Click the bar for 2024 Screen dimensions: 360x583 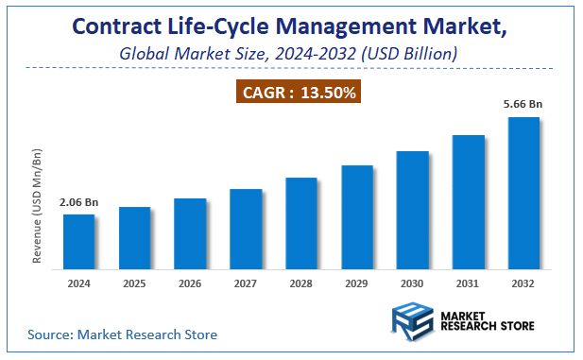[x=78, y=243]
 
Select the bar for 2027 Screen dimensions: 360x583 [x=246, y=230]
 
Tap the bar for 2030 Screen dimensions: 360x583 [x=412, y=211]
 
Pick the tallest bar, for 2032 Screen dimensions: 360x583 [x=523, y=194]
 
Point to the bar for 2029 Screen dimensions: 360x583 [x=356, y=218]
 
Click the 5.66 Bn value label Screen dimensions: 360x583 [x=523, y=105]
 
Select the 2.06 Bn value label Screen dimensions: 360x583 [x=78, y=202]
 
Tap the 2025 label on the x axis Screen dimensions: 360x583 [x=134, y=283]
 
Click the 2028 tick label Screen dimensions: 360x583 [x=301, y=283]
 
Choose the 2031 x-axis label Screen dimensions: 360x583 [x=468, y=283]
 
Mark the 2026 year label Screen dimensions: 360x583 [x=190, y=283]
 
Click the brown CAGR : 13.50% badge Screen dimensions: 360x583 [x=299, y=92]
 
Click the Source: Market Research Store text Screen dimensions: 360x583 [x=122, y=334]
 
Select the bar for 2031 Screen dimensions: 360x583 [x=468, y=202]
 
